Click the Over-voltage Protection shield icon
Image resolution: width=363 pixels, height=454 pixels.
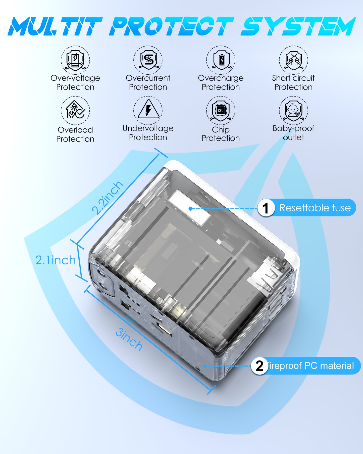pyautogui.click(x=75, y=60)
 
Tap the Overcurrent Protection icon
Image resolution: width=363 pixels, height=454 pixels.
pyautogui.click(x=148, y=60)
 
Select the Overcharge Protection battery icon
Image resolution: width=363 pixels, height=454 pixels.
pyautogui.click(x=221, y=60)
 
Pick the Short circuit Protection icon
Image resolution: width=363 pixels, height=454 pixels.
pyautogui.click(x=293, y=60)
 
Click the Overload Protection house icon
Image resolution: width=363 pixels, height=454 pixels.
pyautogui.click(x=75, y=111)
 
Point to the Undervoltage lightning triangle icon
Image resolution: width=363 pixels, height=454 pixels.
pyautogui.click(x=148, y=110)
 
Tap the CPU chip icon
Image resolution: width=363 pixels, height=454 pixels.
pyautogui.click(x=221, y=111)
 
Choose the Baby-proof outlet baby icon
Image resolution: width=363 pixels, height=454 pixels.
pyautogui.click(x=293, y=111)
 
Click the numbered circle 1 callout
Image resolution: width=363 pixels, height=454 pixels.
pyautogui.click(x=266, y=208)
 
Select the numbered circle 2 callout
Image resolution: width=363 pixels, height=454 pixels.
pyautogui.click(x=260, y=366)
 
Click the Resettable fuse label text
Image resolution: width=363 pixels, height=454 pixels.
pyautogui.click(x=315, y=208)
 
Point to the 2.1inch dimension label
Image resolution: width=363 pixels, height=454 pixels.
pyautogui.click(x=56, y=260)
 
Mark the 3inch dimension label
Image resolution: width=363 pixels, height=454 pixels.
pyautogui.click(x=129, y=340)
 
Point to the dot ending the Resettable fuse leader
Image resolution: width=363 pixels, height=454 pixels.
pyautogui.click(x=190, y=209)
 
